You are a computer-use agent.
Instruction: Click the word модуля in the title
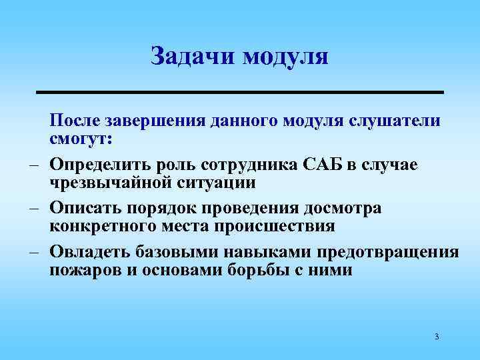[285, 57]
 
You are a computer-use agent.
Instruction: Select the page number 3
[436, 337]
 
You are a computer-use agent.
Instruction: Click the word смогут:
[81, 141]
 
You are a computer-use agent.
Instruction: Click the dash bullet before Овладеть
[31, 253]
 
